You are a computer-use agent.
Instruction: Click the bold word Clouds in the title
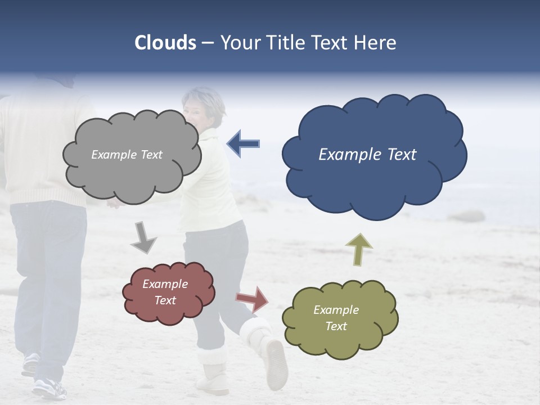[165, 43]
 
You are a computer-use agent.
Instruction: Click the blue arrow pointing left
[244, 143]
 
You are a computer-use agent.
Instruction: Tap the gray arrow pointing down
[143, 237]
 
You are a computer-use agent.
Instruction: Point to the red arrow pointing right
[253, 299]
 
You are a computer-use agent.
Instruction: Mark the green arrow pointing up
[359, 249]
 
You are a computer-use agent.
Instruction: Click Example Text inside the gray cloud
[127, 155]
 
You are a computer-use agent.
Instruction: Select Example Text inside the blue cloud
[367, 155]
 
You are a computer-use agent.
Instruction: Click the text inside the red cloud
[165, 292]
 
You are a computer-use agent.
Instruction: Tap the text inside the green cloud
[336, 318]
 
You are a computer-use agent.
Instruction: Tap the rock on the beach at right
[466, 216]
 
